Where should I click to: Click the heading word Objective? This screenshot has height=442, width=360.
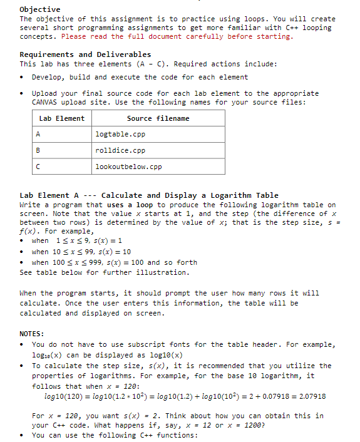pyautogui.click(x=40, y=9)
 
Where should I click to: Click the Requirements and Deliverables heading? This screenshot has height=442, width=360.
pyautogui.click(x=85, y=54)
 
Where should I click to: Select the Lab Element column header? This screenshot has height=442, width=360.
pyautogui.click(x=61, y=118)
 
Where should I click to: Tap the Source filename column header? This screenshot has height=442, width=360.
pyautogui.click(x=158, y=118)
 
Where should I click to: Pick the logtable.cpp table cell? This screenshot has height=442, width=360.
pyautogui.click(x=120, y=135)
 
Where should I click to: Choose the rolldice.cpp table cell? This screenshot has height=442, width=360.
pyautogui.click(x=120, y=151)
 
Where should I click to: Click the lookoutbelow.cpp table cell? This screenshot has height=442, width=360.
pyautogui.click(x=128, y=167)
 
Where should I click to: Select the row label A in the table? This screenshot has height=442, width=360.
pyautogui.click(x=38, y=135)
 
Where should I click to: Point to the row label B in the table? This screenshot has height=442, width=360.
pyautogui.click(x=38, y=151)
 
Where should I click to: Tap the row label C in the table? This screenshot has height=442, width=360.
pyautogui.click(x=38, y=167)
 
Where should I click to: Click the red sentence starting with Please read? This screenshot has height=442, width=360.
pyautogui.click(x=177, y=36)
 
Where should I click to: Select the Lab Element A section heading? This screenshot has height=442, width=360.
pyautogui.click(x=149, y=195)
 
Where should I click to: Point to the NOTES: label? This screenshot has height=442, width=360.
pyautogui.click(x=32, y=334)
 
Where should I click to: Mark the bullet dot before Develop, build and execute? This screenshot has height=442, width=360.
pyautogui.click(x=23, y=78)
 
